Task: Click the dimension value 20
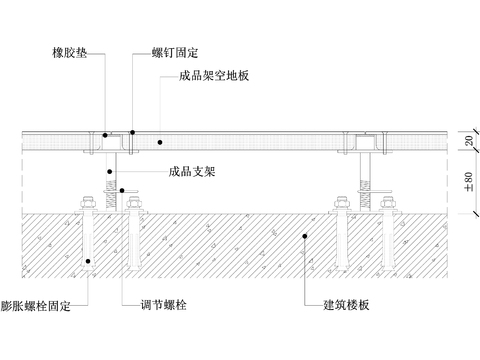point(468,142)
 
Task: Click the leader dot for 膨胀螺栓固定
point(87,262)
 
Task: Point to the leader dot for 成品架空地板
point(159,142)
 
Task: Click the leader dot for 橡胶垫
point(104,134)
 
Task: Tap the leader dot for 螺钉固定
point(131,132)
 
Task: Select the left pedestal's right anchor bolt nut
point(133,206)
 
